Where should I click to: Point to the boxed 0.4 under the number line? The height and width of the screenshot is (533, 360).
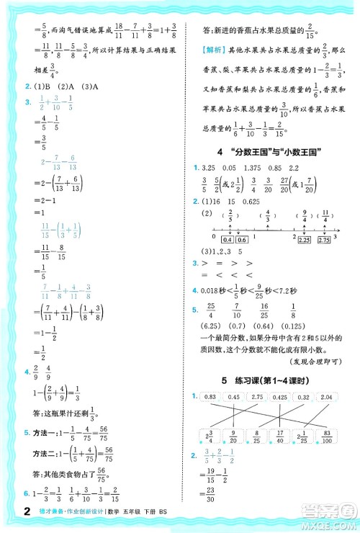(228, 240)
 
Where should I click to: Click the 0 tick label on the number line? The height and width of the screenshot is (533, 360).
(213, 236)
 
